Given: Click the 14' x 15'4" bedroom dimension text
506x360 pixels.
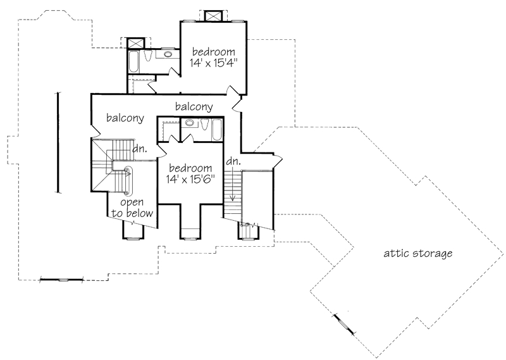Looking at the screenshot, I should (214, 63).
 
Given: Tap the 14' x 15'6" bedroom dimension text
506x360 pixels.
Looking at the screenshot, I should (190, 180).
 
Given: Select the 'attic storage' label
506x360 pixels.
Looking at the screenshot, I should (418, 254).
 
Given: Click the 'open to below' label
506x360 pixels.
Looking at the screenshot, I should (132, 208).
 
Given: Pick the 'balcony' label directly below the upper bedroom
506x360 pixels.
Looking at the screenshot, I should (194, 106).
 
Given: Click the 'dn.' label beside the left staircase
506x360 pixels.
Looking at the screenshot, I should (140, 149).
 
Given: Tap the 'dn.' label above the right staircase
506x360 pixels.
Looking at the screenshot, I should (233, 161).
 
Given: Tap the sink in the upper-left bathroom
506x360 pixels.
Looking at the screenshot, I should (169, 55).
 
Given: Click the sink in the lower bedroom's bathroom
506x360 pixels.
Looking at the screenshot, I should (188, 123).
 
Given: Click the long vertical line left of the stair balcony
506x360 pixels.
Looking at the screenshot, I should (58, 142).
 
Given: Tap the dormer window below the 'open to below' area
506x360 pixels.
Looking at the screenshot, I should (133, 235).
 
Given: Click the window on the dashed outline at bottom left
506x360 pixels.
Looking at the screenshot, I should (62, 279).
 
